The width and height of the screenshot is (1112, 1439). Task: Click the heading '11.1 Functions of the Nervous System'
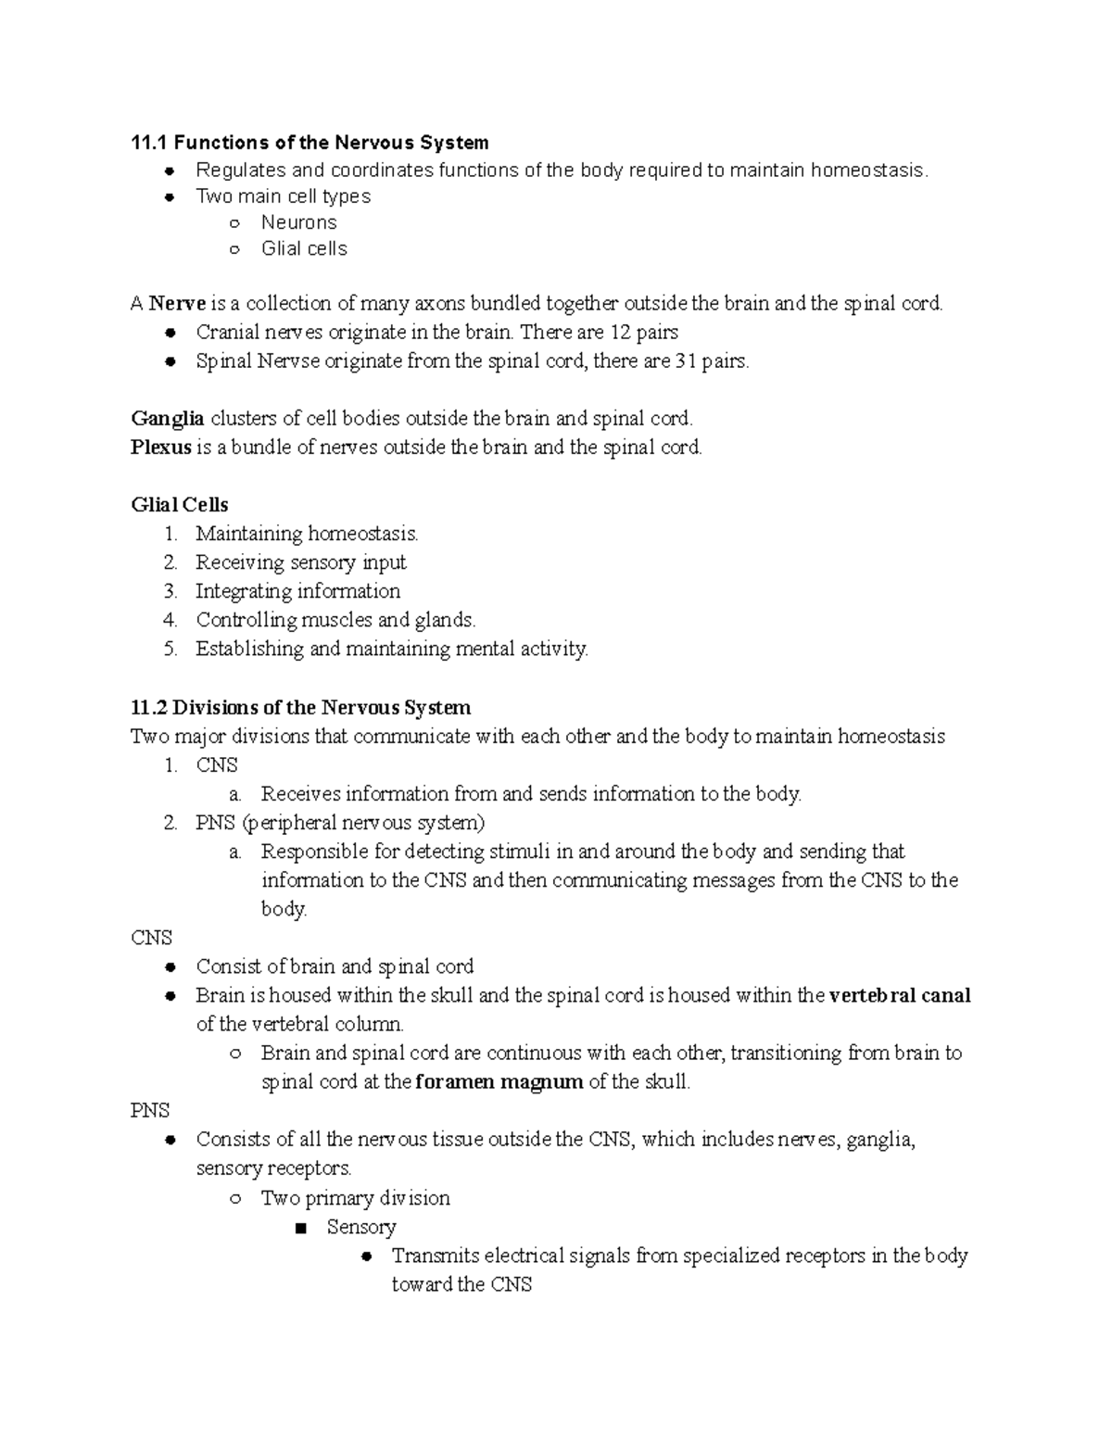tap(310, 143)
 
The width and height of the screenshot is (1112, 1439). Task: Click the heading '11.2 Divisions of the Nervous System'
tap(301, 708)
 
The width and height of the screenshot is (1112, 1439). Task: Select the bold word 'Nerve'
tap(177, 303)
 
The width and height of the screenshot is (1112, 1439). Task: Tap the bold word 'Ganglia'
tap(168, 419)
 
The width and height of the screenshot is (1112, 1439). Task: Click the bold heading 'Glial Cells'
tap(180, 505)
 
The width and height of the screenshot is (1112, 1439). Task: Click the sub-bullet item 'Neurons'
tap(298, 222)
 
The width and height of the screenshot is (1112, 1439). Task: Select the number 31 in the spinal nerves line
tap(685, 361)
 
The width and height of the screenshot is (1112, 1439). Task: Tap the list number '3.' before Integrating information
tap(170, 591)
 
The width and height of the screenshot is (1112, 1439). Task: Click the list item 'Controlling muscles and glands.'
tap(335, 620)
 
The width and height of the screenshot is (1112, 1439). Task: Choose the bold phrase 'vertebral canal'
tap(900, 996)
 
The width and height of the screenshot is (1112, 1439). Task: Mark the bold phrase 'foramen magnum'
tap(499, 1082)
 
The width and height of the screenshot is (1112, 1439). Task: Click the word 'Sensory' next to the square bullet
tap(361, 1227)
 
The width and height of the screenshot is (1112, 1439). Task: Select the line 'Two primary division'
tap(356, 1198)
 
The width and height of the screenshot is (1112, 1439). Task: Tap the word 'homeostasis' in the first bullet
tap(867, 170)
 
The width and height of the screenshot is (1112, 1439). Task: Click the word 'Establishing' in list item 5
tap(249, 649)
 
